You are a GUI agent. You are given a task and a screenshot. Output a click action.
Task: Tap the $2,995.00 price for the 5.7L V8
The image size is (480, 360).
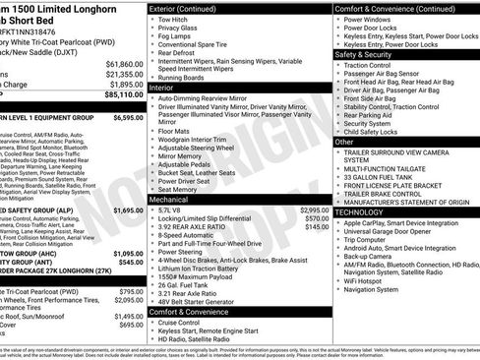click(314, 210)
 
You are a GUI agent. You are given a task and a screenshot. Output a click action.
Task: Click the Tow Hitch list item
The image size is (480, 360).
click(173, 20)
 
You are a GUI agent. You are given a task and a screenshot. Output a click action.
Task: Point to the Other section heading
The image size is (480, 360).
click(344, 142)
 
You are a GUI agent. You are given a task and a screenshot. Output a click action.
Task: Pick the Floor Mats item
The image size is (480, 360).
click(177, 129)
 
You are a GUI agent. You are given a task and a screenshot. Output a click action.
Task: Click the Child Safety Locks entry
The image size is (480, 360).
click(378, 131)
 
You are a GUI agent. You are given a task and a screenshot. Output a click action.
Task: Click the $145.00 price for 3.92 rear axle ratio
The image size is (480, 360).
click(316, 227)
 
